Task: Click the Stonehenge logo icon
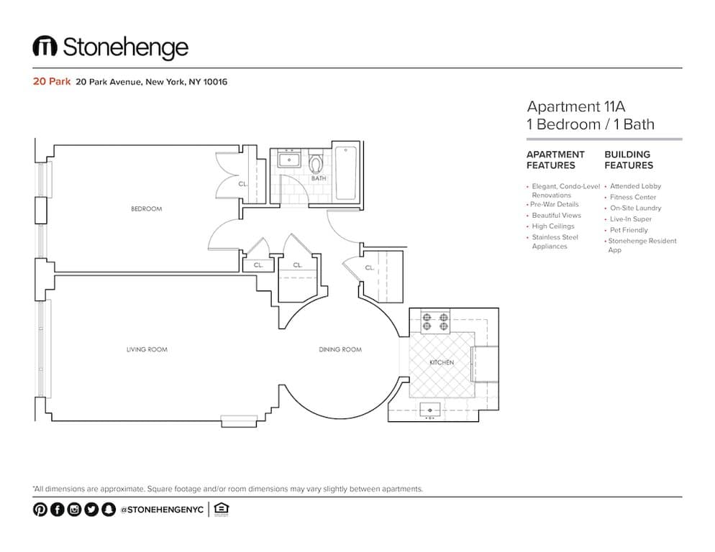[45, 46]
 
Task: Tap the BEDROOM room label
[146, 208]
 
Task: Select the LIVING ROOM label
[147, 349]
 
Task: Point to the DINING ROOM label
[340, 349]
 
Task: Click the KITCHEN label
[442, 362]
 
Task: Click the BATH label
[319, 178]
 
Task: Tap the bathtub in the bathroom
[346, 172]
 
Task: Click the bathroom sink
[289, 160]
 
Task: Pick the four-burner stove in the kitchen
[435, 321]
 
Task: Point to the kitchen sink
[429, 410]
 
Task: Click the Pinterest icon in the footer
[40, 509]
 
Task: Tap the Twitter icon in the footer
[91, 509]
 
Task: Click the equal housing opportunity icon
[221, 509]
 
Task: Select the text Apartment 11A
[576, 106]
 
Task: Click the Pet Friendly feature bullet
[629, 230]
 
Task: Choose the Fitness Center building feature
[632, 197]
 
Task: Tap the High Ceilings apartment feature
[552, 226]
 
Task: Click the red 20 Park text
[52, 82]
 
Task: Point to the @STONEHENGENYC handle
[162, 510]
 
